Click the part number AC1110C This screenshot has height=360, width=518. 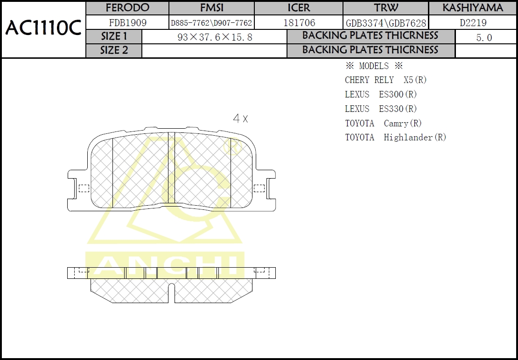43,28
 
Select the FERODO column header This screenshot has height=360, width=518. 127,7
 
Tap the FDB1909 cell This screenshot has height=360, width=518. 127,23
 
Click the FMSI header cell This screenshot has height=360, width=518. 212,7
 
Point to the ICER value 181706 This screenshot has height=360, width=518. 299,23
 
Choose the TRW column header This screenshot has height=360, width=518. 386,7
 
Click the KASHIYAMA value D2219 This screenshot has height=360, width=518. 473,23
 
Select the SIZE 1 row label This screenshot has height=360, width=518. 114,36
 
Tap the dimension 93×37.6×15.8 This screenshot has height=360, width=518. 215,37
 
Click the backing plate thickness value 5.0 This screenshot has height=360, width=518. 484,38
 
